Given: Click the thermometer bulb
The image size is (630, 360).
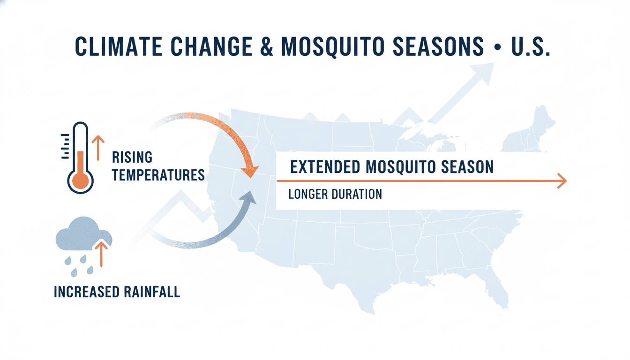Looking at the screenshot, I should (x=81, y=180).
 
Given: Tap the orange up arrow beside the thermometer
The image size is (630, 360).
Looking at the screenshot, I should (x=98, y=148).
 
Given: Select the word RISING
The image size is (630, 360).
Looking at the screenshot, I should (x=132, y=157).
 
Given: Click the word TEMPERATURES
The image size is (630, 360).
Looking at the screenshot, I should (x=158, y=175).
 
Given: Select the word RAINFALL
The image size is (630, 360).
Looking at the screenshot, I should (x=152, y=292).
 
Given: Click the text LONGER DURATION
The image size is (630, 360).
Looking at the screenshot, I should (x=335, y=194).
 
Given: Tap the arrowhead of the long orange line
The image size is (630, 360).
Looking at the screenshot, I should (x=562, y=180).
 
